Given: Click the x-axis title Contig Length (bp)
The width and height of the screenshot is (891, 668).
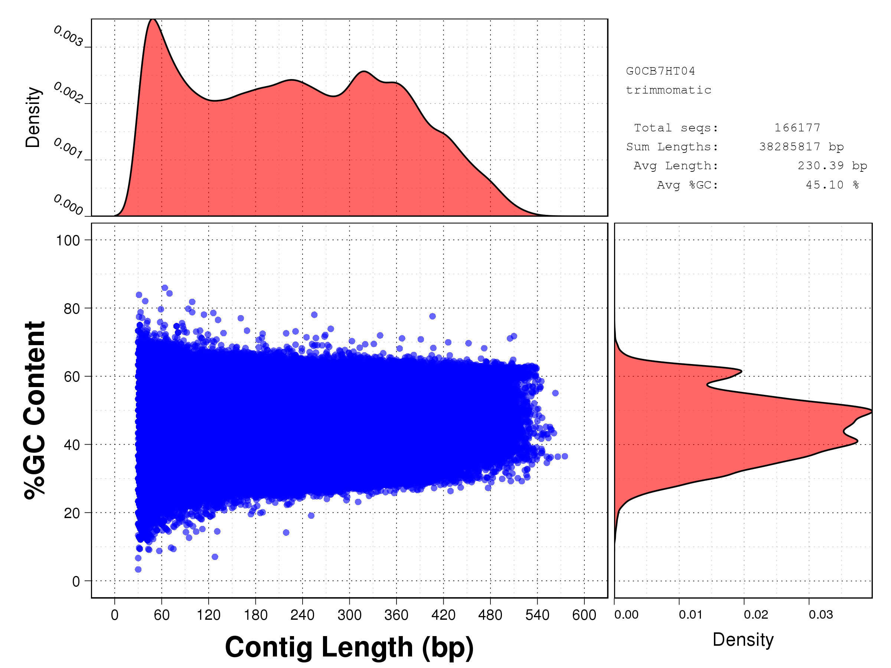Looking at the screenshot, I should pos(349,647).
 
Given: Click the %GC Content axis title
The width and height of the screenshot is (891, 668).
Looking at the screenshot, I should pos(35,410).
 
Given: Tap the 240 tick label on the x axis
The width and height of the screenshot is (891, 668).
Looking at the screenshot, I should pos(302,615).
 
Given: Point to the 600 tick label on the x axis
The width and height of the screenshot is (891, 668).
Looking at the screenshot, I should pos(584,615).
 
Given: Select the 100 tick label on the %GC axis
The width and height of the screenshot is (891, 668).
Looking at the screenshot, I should pos(68,240).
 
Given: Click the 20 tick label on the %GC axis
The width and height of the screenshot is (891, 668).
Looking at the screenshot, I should pos(72,513).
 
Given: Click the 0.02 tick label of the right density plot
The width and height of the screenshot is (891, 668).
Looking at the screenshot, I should pos(755,615).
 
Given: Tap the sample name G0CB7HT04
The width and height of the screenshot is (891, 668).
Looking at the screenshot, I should pos(660,71).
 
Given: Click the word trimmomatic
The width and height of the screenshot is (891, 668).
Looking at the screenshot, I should pos(668,90).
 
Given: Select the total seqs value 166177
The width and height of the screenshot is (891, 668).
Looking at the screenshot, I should pos(797,128).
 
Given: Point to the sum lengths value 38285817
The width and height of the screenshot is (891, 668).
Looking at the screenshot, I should pos(790,147).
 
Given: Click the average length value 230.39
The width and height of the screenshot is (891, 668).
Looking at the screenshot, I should pos(820,166).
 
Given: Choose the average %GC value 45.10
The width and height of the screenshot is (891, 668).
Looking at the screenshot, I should pos(825,185).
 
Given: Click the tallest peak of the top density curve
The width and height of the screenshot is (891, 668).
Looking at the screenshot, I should pos(153,19).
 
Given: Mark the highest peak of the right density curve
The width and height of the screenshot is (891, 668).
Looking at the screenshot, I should pos(871,412).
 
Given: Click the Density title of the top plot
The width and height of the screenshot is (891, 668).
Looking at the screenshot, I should pos(33,117).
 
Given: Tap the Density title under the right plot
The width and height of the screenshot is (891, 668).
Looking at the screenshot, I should pos(743,639).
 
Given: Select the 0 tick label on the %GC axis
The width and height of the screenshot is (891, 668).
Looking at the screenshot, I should pos(76,582).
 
